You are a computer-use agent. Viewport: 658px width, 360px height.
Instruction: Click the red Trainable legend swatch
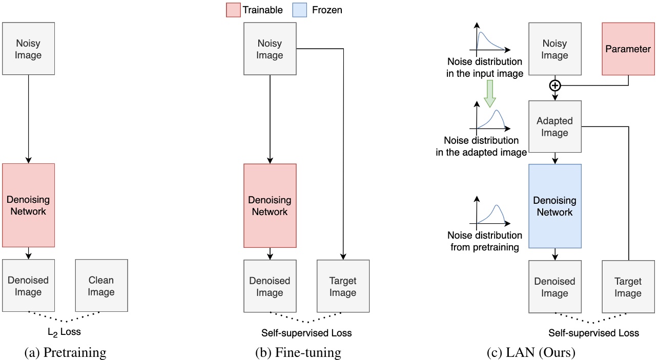[x=233, y=10]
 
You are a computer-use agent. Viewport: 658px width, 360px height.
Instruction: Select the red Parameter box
[x=628, y=49]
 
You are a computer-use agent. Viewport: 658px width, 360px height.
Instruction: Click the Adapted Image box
[x=554, y=126]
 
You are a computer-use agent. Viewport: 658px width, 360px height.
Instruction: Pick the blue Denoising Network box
[x=554, y=205]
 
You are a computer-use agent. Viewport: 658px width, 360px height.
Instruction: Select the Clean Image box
[x=101, y=286]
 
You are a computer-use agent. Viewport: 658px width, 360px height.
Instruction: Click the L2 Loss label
[x=65, y=332]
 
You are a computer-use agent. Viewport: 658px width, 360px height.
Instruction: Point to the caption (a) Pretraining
[x=65, y=352]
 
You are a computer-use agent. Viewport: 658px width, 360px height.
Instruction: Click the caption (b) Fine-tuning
[x=298, y=352]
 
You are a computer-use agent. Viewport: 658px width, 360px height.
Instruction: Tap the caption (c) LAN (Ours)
[x=531, y=352]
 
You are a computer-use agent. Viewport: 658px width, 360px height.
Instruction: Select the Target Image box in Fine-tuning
[x=343, y=286]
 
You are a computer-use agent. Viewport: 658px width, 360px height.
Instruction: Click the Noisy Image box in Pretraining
[x=28, y=49]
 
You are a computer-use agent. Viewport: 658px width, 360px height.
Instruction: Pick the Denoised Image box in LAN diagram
[x=554, y=287]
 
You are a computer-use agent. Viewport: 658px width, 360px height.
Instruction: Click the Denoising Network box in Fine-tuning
[x=270, y=205]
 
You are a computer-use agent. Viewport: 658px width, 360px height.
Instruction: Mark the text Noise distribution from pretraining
[x=485, y=241]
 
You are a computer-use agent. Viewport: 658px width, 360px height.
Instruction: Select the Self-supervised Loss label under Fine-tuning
[x=306, y=333]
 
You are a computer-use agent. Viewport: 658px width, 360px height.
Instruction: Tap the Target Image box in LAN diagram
[x=628, y=287]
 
